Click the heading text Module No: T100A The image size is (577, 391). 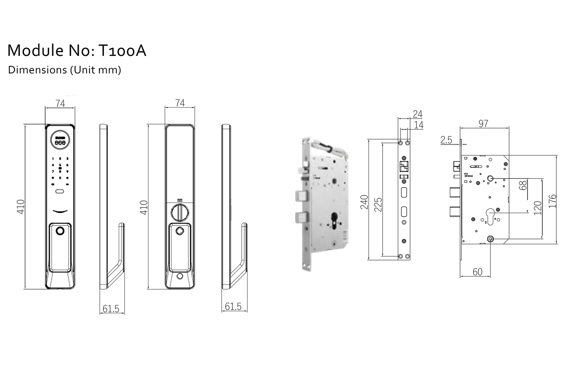tap(77, 51)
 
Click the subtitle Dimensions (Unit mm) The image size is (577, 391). tap(64, 70)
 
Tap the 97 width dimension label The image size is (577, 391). tap(483, 124)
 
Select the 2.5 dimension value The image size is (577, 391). tap(446, 140)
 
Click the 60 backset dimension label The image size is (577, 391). tap(478, 272)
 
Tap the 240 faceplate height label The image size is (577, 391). tap(364, 203)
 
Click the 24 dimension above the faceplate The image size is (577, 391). tap(417, 114)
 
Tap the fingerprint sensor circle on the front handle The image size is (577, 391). tap(60, 231)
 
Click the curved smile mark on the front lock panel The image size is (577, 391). tap(60, 211)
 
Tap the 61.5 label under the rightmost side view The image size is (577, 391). tap(233, 306)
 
